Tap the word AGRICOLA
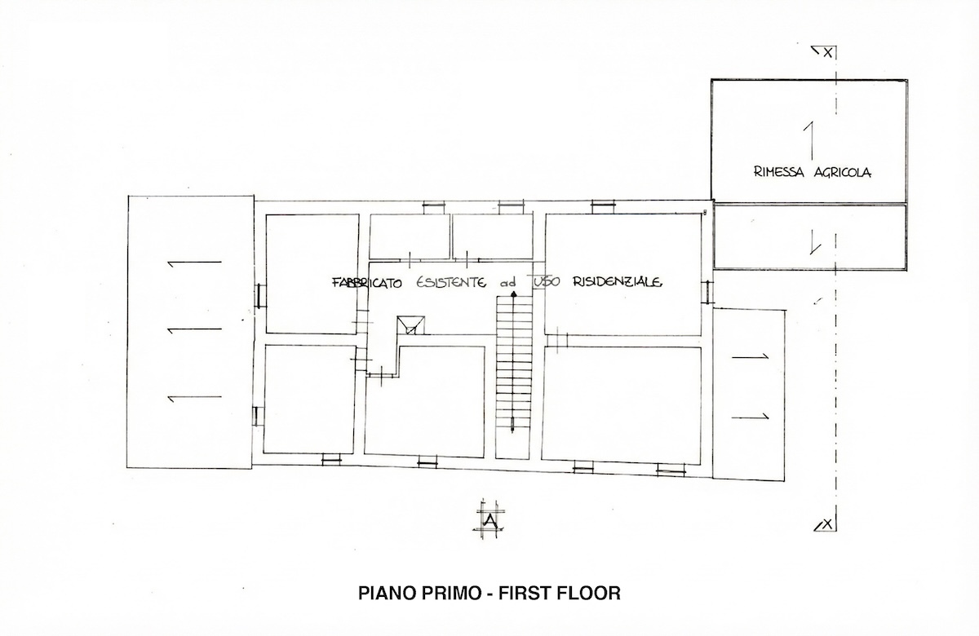coord(842,173)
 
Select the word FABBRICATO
coord(367,283)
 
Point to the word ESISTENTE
coord(450,282)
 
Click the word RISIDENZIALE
coord(617,282)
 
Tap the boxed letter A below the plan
coord(491,520)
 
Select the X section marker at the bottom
coord(826,524)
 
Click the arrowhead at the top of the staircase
coord(514,294)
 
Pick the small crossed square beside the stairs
coord(410,325)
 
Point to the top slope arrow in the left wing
coord(195,263)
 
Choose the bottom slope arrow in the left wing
coord(195,398)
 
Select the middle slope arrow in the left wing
coord(195,330)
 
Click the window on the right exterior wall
coord(707,292)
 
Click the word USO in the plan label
coord(547,282)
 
